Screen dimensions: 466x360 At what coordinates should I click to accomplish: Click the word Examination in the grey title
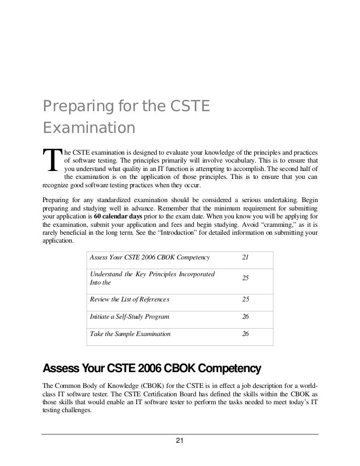[89, 127]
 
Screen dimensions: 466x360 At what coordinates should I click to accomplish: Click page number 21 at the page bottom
[180, 440]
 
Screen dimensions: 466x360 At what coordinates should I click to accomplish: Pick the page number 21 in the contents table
[245, 257]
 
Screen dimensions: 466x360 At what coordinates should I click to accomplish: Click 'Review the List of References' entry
[129, 299]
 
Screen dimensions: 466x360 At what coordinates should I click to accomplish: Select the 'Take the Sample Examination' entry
[130, 334]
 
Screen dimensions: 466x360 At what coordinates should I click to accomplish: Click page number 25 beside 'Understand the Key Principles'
[245, 279]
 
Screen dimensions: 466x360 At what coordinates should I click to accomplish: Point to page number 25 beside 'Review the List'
[245, 299]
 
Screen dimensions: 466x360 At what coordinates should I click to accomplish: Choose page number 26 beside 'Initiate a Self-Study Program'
[245, 316]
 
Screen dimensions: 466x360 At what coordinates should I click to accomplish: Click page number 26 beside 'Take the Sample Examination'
[245, 334]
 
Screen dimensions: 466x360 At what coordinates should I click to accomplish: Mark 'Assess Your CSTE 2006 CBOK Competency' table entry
[150, 257]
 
